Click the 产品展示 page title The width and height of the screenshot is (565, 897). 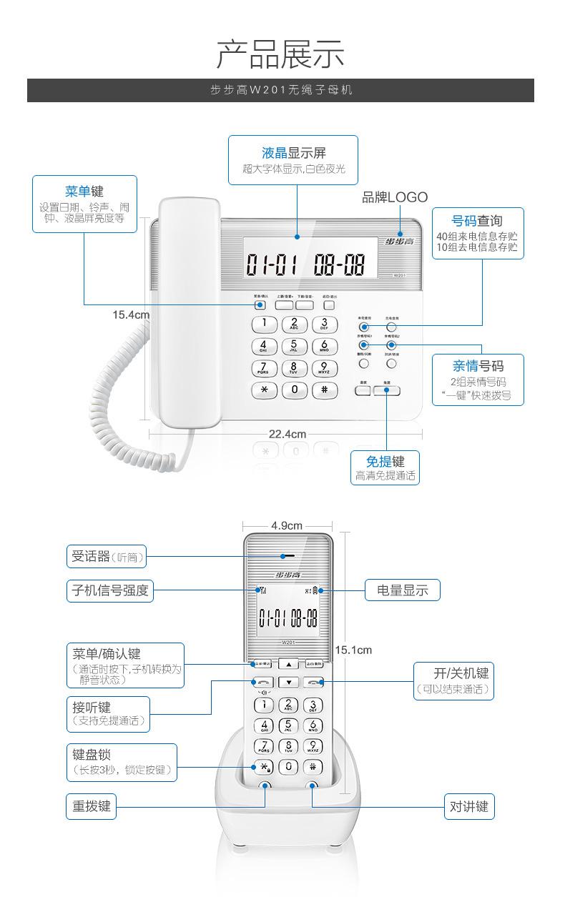pyautogui.click(x=280, y=54)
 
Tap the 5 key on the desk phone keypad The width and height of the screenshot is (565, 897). pyautogui.click(x=294, y=347)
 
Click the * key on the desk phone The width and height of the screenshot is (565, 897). pyautogui.click(x=264, y=390)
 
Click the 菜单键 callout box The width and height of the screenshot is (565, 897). pyautogui.click(x=84, y=204)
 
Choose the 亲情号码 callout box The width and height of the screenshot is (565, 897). pyautogui.click(x=477, y=380)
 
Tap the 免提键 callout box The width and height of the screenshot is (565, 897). pyautogui.click(x=385, y=467)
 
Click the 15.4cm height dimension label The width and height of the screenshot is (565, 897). pyautogui.click(x=131, y=314)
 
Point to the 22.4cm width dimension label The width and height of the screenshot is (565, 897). pyautogui.click(x=288, y=434)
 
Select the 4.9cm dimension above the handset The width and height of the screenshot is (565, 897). pyautogui.click(x=286, y=525)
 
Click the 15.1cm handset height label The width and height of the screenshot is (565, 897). pyautogui.click(x=353, y=650)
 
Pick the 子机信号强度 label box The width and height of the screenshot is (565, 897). pyautogui.click(x=110, y=590)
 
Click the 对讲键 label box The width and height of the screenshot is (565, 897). pyautogui.click(x=469, y=806)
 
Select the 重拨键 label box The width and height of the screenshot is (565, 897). pyautogui.click(x=92, y=806)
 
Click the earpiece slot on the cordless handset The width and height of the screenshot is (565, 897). pyautogui.click(x=288, y=555)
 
